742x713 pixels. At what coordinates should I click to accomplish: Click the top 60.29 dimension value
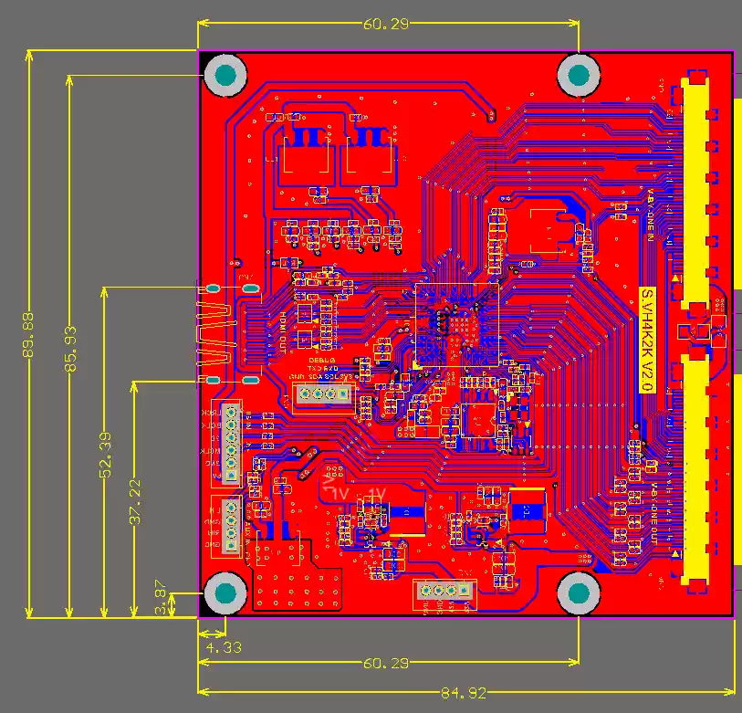click(x=386, y=25)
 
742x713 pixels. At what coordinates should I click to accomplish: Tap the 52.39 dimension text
click(x=105, y=454)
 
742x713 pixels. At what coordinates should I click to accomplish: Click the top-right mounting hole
click(x=579, y=75)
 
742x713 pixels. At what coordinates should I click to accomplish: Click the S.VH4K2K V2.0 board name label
click(x=645, y=340)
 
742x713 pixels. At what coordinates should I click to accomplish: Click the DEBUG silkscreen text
click(x=321, y=361)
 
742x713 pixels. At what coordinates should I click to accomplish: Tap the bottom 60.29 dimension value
click(x=386, y=664)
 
